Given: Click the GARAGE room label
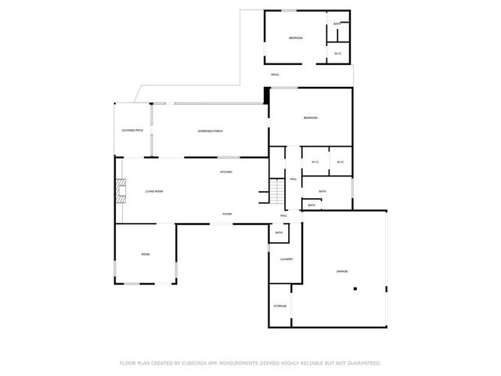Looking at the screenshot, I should (x=342, y=272).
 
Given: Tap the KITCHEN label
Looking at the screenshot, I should (x=225, y=172).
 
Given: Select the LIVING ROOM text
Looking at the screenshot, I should (x=153, y=191).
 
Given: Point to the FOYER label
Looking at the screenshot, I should (x=227, y=214).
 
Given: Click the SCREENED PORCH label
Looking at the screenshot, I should (x=210, y=131).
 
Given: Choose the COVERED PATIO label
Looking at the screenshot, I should (x=132, y=130).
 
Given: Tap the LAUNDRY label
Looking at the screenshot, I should (x=286, y=259).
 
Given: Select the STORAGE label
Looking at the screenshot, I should (x=279, y=305).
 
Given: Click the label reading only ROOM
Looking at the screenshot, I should (x=145, y=255).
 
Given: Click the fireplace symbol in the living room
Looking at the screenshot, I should (x=120, y=191).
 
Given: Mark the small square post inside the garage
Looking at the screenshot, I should (x=355, y=289).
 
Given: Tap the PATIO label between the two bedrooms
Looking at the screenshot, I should (x=275, y=74).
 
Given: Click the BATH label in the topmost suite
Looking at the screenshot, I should (x=337, y=24).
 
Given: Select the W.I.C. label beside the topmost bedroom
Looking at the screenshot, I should (x=337, y=53).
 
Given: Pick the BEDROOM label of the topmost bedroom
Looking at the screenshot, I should (x=295, y=38).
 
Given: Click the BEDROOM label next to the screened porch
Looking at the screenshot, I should (x=311, y=117).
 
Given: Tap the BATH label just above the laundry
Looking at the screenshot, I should (x=279, y=233).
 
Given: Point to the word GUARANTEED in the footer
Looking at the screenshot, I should (x=360, y=363).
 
